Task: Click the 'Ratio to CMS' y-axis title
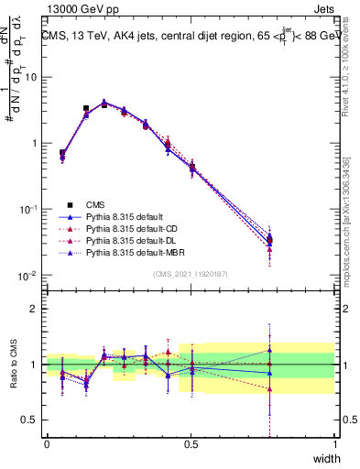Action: [14, 365]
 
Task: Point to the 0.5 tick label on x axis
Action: [191, 443]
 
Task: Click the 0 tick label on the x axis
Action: [47, 443]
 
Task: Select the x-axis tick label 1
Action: [335, 443]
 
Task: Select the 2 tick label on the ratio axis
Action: [35, 309]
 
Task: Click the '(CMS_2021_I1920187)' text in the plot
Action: [191, 273]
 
